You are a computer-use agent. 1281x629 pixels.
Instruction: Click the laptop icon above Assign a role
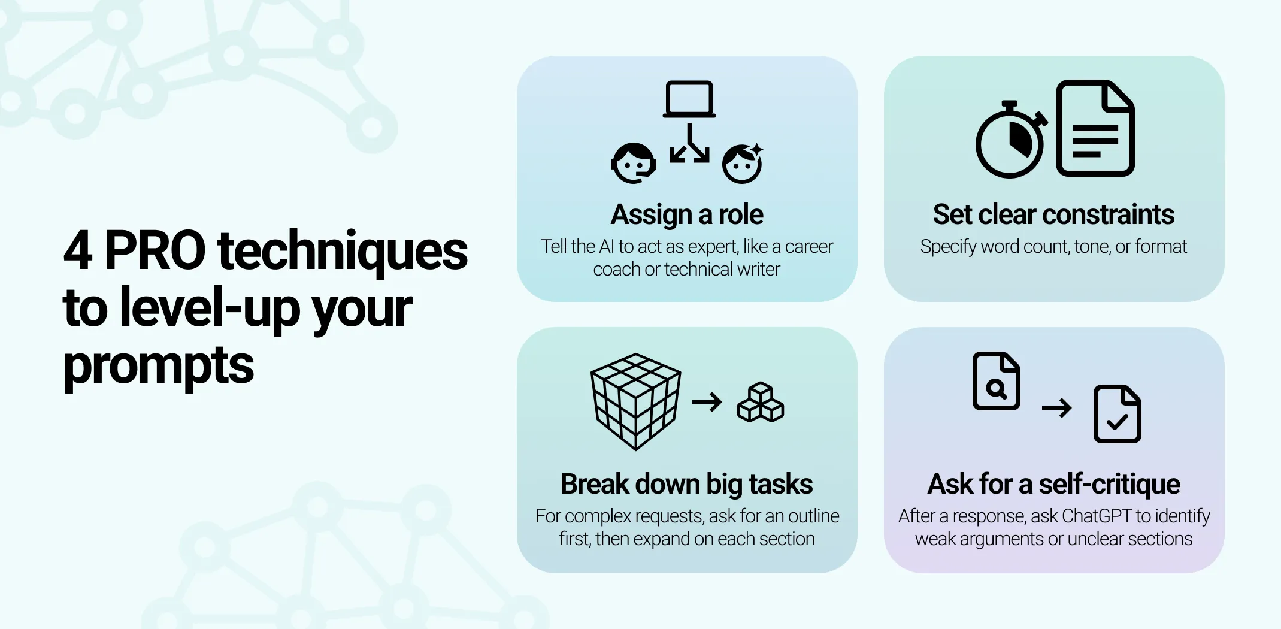(689, 99)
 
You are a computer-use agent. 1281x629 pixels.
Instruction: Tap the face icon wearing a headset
(633, 163)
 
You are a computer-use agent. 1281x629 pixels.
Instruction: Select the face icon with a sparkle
(742, 163)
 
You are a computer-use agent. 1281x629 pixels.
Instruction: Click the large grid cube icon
(635, 401)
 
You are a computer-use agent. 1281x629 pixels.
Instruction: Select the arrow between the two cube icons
(707, 402)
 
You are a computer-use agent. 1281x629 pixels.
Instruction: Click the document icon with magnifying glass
(996, 381)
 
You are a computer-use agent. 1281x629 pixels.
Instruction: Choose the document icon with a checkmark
(1117, 414)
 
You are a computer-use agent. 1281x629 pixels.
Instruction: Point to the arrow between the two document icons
(1056, 409)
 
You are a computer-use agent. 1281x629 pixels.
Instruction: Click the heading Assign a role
(687, 214)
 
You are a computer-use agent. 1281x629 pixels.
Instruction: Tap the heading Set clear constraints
(1053, 214)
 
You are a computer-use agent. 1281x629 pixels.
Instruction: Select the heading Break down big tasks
(686, 484)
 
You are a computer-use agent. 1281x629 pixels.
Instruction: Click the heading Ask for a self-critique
(1053, 484)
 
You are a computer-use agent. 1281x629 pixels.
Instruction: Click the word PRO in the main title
(155, 250)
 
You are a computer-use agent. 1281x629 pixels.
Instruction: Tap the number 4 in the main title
(78, 250)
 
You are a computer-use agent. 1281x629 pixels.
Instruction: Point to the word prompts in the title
(159, 365)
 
